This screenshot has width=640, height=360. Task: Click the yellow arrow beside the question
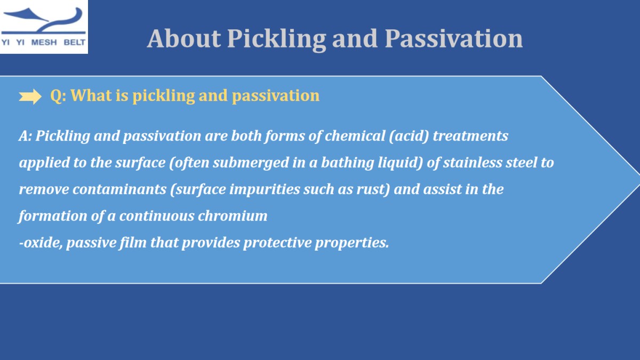click(30, 97)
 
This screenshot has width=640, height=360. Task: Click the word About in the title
click(183, 38)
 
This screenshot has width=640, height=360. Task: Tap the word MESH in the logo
click(44, 43)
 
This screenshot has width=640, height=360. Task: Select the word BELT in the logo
click(75, 43)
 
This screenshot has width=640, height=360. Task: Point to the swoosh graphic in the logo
click(43, 21)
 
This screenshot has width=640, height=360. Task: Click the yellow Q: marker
click(58, 95)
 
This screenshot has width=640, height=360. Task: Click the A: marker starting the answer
click(26, 135)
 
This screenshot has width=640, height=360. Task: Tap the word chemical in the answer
click(355, 135)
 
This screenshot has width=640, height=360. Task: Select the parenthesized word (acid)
click(409, 135)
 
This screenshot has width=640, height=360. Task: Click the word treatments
click(470, 135)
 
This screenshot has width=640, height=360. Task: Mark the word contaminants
click(119, 189)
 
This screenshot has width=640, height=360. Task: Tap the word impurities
click(265, 189)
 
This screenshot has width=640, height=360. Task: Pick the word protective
click(277, 243)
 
